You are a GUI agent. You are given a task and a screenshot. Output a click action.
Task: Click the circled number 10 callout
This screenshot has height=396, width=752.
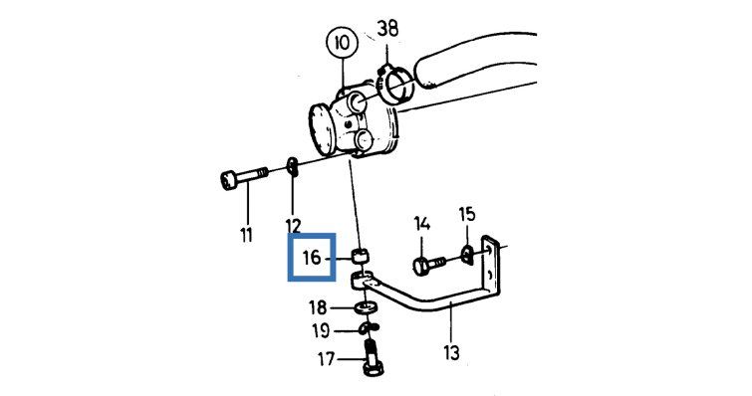[x=343, y=44]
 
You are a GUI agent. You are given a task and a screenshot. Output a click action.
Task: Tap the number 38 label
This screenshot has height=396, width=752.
[x=387, y=29]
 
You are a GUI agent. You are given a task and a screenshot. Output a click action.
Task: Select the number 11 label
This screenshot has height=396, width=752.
[x=246, y=235]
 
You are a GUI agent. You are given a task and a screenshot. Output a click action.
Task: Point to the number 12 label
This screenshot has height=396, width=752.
[x=293, y=226]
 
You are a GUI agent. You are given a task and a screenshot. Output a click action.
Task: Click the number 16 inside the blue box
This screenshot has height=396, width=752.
[x=311, y=258]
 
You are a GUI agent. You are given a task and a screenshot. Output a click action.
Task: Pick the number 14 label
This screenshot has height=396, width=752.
[x=422, y=224]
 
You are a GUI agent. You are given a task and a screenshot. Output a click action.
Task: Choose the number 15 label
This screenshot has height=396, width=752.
[x=467, y=214]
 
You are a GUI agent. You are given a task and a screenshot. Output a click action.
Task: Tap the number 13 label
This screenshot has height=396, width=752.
[x=451, y=352]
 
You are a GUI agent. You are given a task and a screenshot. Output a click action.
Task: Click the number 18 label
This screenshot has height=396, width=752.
[x=318, y=307]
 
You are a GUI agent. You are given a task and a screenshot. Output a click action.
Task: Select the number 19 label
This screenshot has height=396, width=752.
[x=321, y=330]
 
